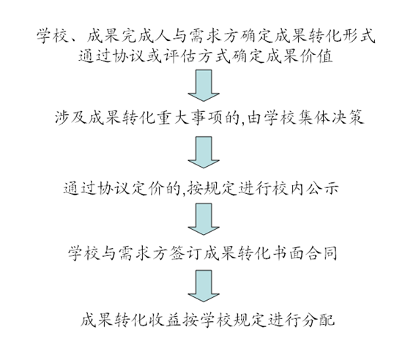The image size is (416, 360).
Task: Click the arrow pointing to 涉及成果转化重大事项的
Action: click(204, 86)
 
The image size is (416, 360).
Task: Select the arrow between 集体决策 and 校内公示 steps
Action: click(204, 152)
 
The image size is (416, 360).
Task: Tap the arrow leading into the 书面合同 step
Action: click(204, 220)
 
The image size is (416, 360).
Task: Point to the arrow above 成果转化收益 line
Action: click(204, 286)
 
